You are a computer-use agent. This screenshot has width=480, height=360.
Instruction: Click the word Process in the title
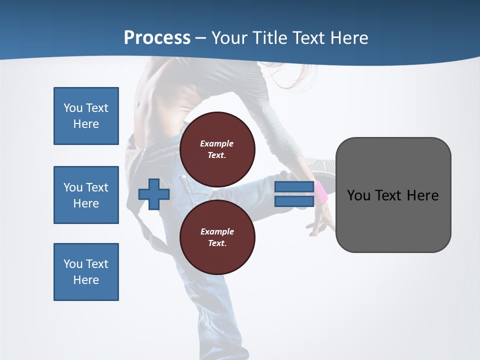(157, 38)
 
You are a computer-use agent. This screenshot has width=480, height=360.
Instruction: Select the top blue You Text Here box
(86, 116)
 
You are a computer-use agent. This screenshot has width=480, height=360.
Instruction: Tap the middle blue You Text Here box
(86, 195)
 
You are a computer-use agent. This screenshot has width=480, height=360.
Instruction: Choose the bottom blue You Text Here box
(86, 272)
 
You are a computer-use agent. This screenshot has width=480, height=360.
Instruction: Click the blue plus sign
(154, 194)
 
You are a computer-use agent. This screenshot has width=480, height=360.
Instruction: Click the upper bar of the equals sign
(294, 187)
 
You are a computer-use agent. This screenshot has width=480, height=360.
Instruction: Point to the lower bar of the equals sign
(294, 201)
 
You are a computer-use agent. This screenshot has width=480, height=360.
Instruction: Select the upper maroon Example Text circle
(217, 149)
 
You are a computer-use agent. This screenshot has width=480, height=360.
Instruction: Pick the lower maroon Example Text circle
(217, 237)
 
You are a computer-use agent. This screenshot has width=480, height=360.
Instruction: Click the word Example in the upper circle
(217, 143)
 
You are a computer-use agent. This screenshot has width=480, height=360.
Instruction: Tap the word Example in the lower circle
(217, 231)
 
